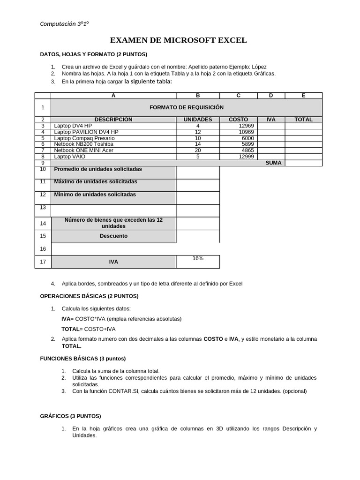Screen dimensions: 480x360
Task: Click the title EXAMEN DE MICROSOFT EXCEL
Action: click(178, 40)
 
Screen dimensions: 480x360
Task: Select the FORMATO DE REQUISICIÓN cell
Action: click(186, 107)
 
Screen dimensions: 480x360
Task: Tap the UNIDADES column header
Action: click(197, 120)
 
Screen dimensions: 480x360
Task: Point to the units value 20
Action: click(198, 150)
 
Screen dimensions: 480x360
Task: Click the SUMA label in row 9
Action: click(273, 163)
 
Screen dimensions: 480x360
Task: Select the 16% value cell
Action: click(197, 259)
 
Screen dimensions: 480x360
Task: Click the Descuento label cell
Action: click(113, 236)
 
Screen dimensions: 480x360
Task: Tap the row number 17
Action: click(43, 262)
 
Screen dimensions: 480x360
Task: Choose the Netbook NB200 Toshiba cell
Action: click(83, 144)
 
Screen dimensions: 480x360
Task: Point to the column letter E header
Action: click(303, 96)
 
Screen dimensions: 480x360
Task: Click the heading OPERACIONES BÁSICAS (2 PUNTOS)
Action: click(89, 296)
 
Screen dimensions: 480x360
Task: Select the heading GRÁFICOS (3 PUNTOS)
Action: click(70, 416)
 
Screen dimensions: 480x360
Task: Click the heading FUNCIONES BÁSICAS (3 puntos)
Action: click(83, 359)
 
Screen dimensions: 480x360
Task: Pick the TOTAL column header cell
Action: click(303, 120)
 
